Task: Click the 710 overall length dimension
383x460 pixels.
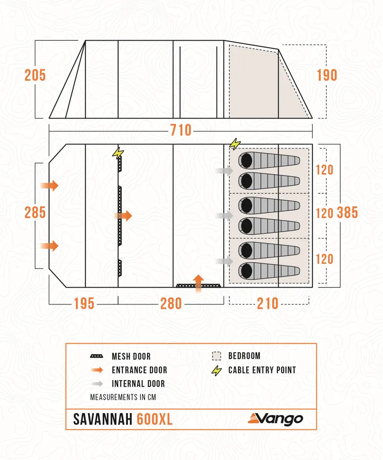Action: (x=180, y=130)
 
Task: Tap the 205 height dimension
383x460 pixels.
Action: (x=35, y=76)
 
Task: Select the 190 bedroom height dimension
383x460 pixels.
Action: (x=327, y=76)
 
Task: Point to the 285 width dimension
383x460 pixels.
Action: (x=35, y=213)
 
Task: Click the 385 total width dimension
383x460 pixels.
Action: (x=347, y=213)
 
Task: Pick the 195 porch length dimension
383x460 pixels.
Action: (x=84, y=303)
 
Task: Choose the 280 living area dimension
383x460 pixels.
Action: (x=171, y=303)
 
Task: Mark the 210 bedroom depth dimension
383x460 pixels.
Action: (x=268, y=303)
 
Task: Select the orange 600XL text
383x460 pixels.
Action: (x=155, y=419)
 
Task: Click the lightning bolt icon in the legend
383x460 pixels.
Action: (x=217, y=370)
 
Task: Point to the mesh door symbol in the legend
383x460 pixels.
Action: (x=97, y=357)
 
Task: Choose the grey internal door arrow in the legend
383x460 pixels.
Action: (x=97, y=384)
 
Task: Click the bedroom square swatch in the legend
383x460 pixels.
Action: (x=217, y=356)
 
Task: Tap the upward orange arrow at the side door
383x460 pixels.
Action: (x=199, y=281)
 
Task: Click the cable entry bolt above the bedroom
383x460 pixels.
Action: (x=235, y=144)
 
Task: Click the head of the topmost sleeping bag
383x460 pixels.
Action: (x=246, y=160)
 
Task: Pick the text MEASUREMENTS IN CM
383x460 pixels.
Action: (x=123, y=397)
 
